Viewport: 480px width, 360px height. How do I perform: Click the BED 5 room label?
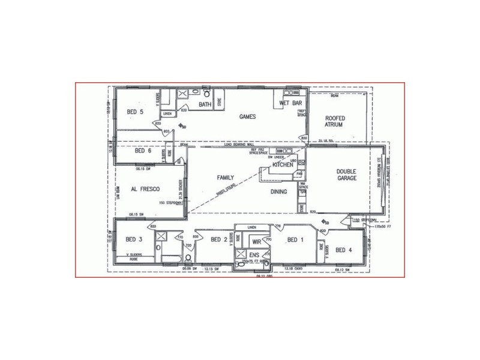tap(135, 112)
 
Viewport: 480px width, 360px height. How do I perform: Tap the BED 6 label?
tap(143, 151)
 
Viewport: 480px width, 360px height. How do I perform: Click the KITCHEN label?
tap(283, 164)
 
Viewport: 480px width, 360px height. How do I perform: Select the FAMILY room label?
tap(226, 178)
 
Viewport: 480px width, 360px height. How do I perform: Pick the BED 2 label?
tap(220, 240)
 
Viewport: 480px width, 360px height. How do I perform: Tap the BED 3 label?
tap(133, 240)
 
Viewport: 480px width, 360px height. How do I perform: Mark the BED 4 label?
tap(344, 250)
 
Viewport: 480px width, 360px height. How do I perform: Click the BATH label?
tap(206, 105)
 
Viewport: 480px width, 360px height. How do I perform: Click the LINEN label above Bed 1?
tap(251, 227)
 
